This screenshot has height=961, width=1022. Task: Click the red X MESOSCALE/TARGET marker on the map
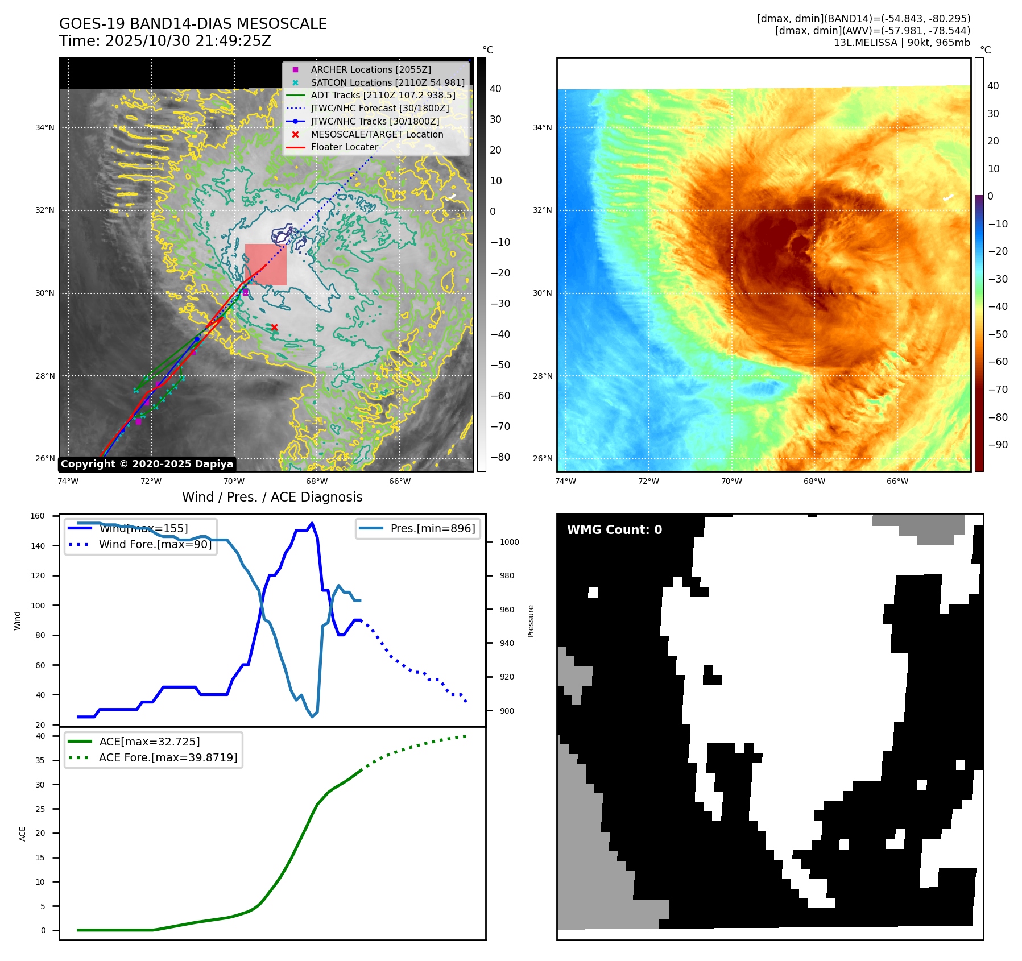tap(274, 327)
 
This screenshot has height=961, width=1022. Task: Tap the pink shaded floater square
tap(266, 265)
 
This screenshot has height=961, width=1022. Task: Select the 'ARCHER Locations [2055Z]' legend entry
tap(370, 69)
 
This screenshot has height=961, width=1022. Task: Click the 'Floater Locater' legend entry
tap(344, 147)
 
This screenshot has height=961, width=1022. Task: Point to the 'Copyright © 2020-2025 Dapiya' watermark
tap(147, 464)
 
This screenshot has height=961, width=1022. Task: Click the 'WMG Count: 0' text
tap(614, 530)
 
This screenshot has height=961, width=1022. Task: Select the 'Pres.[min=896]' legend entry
tap(432, 528)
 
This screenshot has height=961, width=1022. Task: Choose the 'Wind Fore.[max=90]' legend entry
tap(155, 544)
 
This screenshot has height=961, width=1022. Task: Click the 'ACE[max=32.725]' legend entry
tap(149, 742)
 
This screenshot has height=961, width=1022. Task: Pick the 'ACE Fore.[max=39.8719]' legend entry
tap(168, 757)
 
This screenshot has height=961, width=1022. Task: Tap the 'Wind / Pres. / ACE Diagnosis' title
tap(272, 497)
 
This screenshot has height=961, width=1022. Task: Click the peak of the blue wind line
tap(312, 523)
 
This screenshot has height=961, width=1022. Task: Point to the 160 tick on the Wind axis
tap(38, 516)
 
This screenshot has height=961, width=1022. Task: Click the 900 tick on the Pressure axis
tap(507, 711)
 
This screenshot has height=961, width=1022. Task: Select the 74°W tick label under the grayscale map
tap(68, 481)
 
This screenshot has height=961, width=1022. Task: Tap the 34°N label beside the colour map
tap(542, 127)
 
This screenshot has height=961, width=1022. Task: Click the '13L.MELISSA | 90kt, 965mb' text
tap(901, 43)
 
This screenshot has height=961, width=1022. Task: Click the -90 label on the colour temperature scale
tap(998, 445)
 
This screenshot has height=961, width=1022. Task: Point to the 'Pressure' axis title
tap(531, 621)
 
